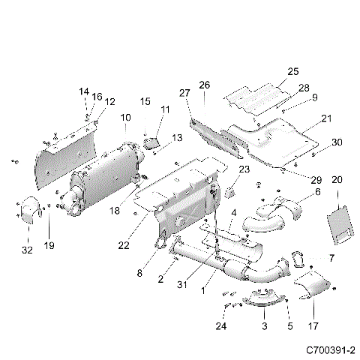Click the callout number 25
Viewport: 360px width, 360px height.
tap(293, 71)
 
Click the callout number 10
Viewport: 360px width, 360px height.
tap(124, 118)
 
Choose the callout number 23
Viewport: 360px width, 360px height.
tap(244, 170)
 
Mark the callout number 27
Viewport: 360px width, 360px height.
tap(184, 92)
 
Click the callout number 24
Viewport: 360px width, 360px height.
tap(220, 326)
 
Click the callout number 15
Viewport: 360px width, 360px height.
tap(145, 101)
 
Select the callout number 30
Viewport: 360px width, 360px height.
tap(337, 142)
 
